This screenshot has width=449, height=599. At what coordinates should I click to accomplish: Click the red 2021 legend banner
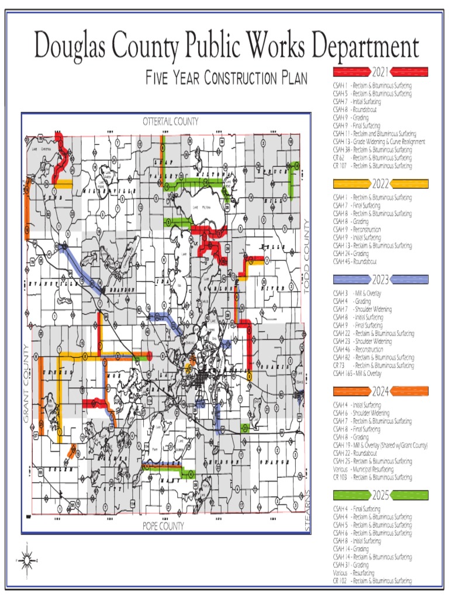tap(381, 72)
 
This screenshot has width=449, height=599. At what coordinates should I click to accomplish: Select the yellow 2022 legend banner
tap(381, 184)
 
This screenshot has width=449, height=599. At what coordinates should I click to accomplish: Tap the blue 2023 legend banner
tap(381, 280)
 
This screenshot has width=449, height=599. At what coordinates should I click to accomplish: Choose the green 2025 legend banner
tap(381, 495)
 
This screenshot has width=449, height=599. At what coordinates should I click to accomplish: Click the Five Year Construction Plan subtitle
tap(227, 78)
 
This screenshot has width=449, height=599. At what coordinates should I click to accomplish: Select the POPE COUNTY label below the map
tap(163, 526)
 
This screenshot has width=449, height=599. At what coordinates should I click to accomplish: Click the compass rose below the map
tap(26, 560)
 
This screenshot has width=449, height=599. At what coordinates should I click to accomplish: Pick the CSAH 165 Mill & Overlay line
tap(356, 373)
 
